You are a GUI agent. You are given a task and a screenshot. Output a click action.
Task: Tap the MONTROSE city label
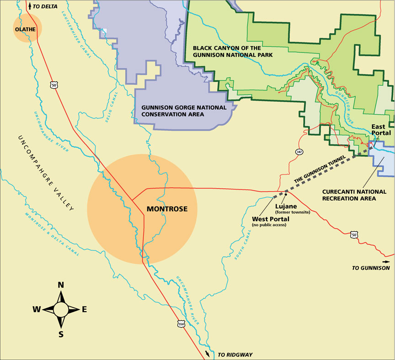(167, 209)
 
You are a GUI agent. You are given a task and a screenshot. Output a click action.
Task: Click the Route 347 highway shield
(298, 152)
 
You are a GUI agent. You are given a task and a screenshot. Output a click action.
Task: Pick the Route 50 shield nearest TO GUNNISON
(354, 235)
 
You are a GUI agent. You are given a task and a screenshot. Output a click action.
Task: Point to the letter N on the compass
(60, 285)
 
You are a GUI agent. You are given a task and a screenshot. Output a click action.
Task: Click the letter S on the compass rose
(61, 334)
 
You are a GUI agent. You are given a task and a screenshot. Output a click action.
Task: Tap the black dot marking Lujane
(286, 194)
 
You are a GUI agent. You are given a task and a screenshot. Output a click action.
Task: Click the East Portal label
(380, 129)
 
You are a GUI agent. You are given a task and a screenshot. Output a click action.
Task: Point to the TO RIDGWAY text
(235, 355)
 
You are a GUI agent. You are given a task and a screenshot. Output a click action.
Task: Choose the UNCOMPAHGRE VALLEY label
(45, 173)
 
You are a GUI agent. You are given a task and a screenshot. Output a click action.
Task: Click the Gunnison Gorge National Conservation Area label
(184, 111)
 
